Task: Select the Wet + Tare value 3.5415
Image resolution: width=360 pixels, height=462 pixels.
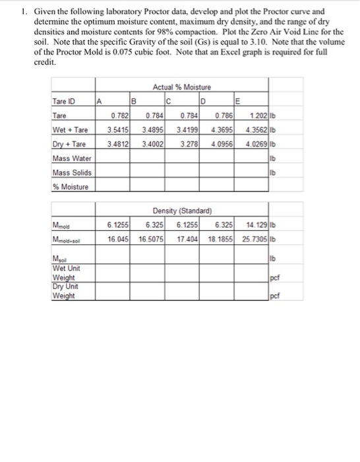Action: [117, 130]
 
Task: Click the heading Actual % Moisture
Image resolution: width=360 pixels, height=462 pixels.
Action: [181, 87]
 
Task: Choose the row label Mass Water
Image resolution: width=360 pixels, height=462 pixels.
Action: [70, 158]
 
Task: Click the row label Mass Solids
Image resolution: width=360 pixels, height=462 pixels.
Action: [70, 172]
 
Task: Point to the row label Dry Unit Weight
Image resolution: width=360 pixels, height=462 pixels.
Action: [65, 292]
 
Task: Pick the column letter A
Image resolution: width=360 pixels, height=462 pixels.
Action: [99, 102]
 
